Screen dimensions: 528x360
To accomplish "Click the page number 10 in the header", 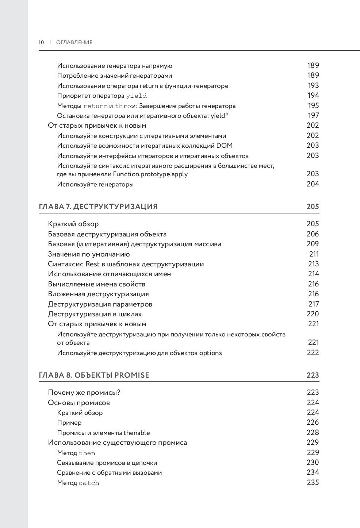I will [41, 42].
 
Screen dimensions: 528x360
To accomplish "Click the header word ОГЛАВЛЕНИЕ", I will [74, 42].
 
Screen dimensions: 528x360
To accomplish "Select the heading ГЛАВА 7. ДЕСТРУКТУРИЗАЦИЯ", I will [98, 207].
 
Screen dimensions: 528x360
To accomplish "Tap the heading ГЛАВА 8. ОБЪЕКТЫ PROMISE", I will [94, 375].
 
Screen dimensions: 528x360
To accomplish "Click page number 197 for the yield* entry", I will [313, 115].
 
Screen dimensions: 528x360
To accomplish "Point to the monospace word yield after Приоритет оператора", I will [136, 96].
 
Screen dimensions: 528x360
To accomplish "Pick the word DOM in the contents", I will [224, 146].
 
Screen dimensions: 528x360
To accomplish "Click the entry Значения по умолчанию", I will [89, 254].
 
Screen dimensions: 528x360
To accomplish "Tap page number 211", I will [314, 254].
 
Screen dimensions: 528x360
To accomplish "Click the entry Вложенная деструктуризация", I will [99, 294].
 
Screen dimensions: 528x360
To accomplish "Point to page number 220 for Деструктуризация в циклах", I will [313, 314].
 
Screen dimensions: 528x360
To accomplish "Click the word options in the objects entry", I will [211, 353].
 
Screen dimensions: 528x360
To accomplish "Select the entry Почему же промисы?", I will [84, 393].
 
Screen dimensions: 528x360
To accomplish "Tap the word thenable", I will [137, 433].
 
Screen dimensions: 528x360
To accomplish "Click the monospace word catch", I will [89, 483].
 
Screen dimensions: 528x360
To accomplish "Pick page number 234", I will [313, 473].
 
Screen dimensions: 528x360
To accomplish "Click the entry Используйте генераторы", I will [95, 184].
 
